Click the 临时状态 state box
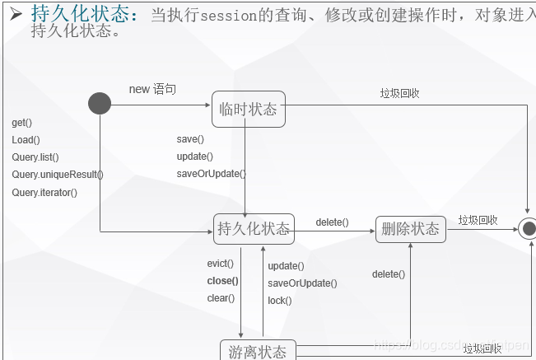[x=248, y=110]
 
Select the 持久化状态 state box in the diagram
[x=254, y=228]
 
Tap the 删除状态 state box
[x=411, y=228]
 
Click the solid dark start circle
[x=100, y=103]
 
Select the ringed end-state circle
[x=529, y=228]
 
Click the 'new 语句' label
[x=152, y=89]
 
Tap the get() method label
[x=22, y=123]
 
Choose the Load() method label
[x=26, y=140]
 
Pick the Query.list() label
[x=35, y=157]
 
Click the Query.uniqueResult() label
[x=58, y=175]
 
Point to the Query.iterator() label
[x=44, y=193]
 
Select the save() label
[x=190, y=139]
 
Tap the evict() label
[x=221, y=264]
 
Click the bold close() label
[x=222, y=281]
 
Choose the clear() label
[x=221, y=298]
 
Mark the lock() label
[x=280, y=301]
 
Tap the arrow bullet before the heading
[x=15, y=13]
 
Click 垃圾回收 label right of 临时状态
[x=399, y=93]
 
